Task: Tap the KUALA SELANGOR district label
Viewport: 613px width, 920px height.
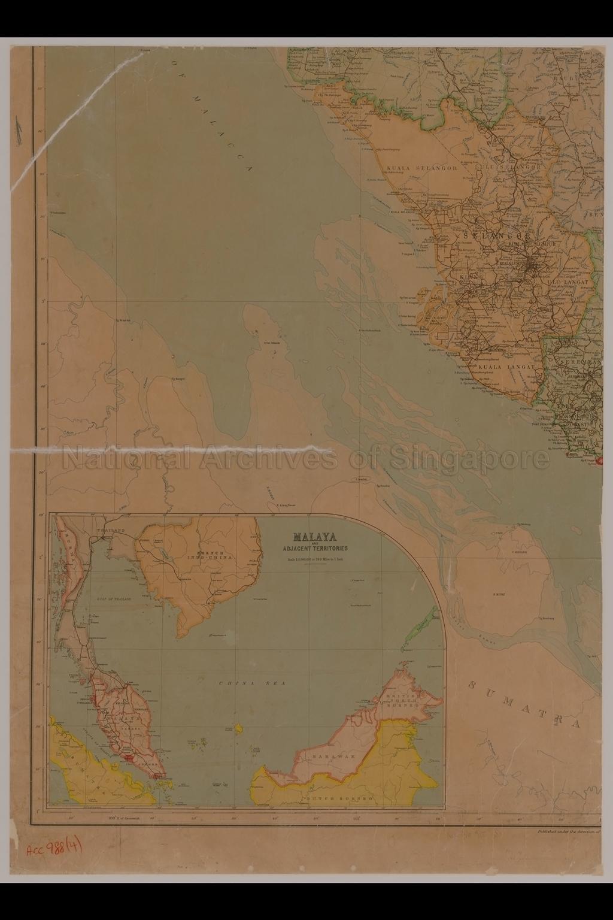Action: coord(422,168)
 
